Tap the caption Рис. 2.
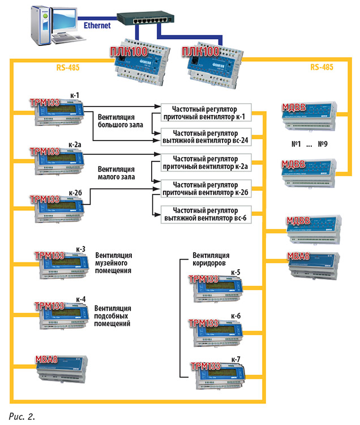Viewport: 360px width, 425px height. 22,416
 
